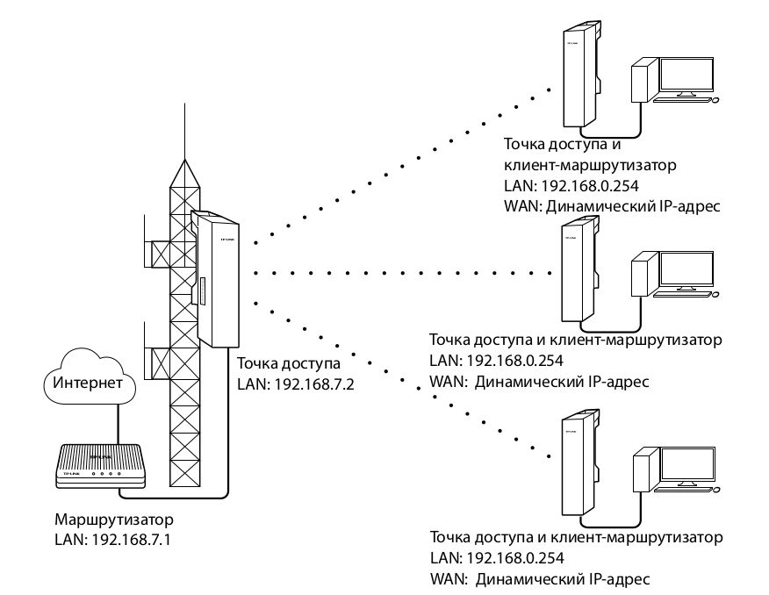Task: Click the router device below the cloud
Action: (98, 465)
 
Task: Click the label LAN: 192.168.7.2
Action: (295, 383)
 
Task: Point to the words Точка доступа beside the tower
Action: (288, 362)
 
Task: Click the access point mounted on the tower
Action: (219, 279)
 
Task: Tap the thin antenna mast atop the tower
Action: (185, 132)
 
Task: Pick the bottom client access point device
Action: (579, 465)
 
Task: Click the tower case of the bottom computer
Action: (645, 469)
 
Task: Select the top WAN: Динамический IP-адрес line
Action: (612, 206)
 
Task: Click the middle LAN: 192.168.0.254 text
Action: (496, 360)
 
